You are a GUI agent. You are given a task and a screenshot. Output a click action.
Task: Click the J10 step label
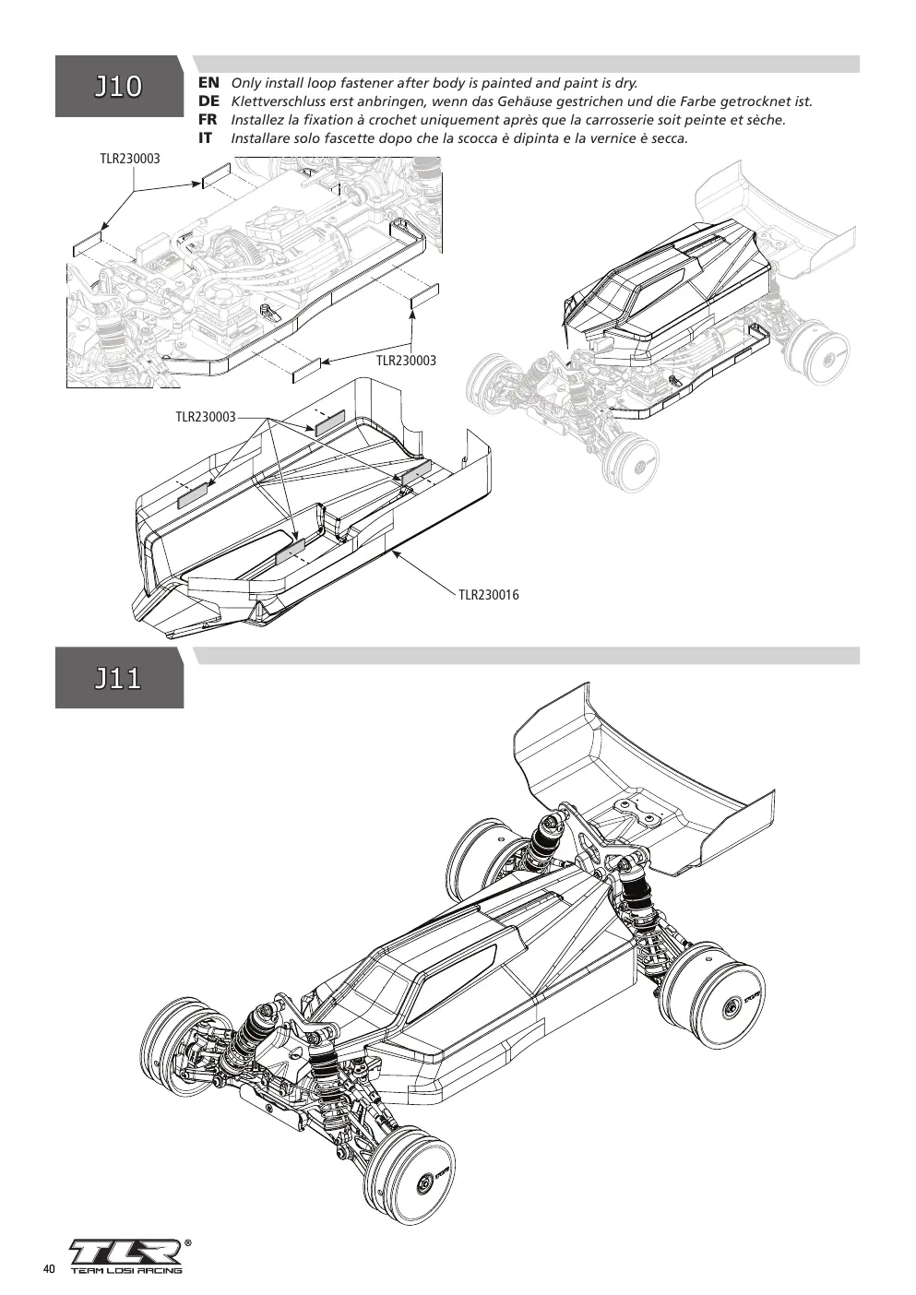tap(118, 87)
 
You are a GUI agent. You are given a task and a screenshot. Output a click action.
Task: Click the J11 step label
tap(118, 678)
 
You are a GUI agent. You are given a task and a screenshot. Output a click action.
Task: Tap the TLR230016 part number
tap(489, 595)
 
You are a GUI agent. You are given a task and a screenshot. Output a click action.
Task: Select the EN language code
tap(208, 83)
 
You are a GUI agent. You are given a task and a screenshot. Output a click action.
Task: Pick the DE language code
tap(208, 101)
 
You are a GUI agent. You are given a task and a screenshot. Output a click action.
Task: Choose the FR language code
tap(208, 120)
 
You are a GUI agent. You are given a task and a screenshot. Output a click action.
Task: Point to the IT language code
tap(206, 138)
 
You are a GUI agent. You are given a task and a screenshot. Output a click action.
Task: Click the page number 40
tap(49, 1269)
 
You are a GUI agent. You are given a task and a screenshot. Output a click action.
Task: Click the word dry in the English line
tap(625, 83)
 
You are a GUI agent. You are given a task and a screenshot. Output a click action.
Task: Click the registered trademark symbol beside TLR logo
tap(186, 1241)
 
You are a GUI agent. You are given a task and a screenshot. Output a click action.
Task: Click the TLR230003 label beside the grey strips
tap(206, 417)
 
